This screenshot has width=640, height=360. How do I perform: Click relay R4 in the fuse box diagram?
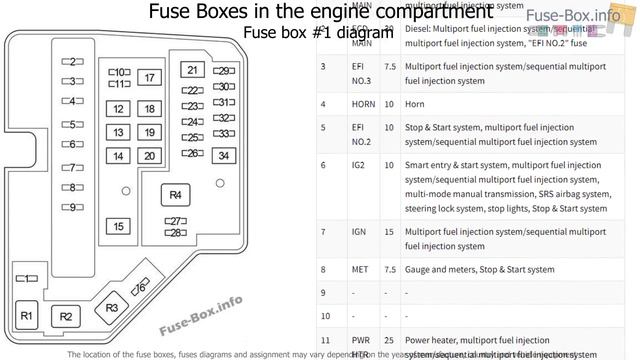(176, 194)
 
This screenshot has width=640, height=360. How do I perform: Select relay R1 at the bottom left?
(28, 316)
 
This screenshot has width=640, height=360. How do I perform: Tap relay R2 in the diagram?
(66, 317)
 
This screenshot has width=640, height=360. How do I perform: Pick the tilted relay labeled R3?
(111, 307)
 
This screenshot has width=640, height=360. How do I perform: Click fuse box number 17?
(149, 78)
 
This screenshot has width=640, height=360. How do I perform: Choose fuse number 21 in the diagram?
(192, 70)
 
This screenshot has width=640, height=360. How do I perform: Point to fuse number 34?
(224, 155)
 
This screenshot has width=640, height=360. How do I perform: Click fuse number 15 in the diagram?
(119, 227)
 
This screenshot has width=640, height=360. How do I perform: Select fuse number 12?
(119, 109)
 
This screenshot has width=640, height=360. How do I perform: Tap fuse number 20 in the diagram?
(149, 156)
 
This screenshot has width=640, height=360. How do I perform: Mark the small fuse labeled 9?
(72, 207)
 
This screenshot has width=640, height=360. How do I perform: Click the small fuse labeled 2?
(72, 61)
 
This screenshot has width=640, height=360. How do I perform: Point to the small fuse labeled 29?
(225, 71)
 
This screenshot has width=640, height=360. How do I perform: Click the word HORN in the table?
(333, 104)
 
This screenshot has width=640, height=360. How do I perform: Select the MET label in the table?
(330, 269)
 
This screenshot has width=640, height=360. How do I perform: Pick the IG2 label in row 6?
(329, 165)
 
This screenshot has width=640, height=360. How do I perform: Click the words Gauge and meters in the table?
(441, 269)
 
